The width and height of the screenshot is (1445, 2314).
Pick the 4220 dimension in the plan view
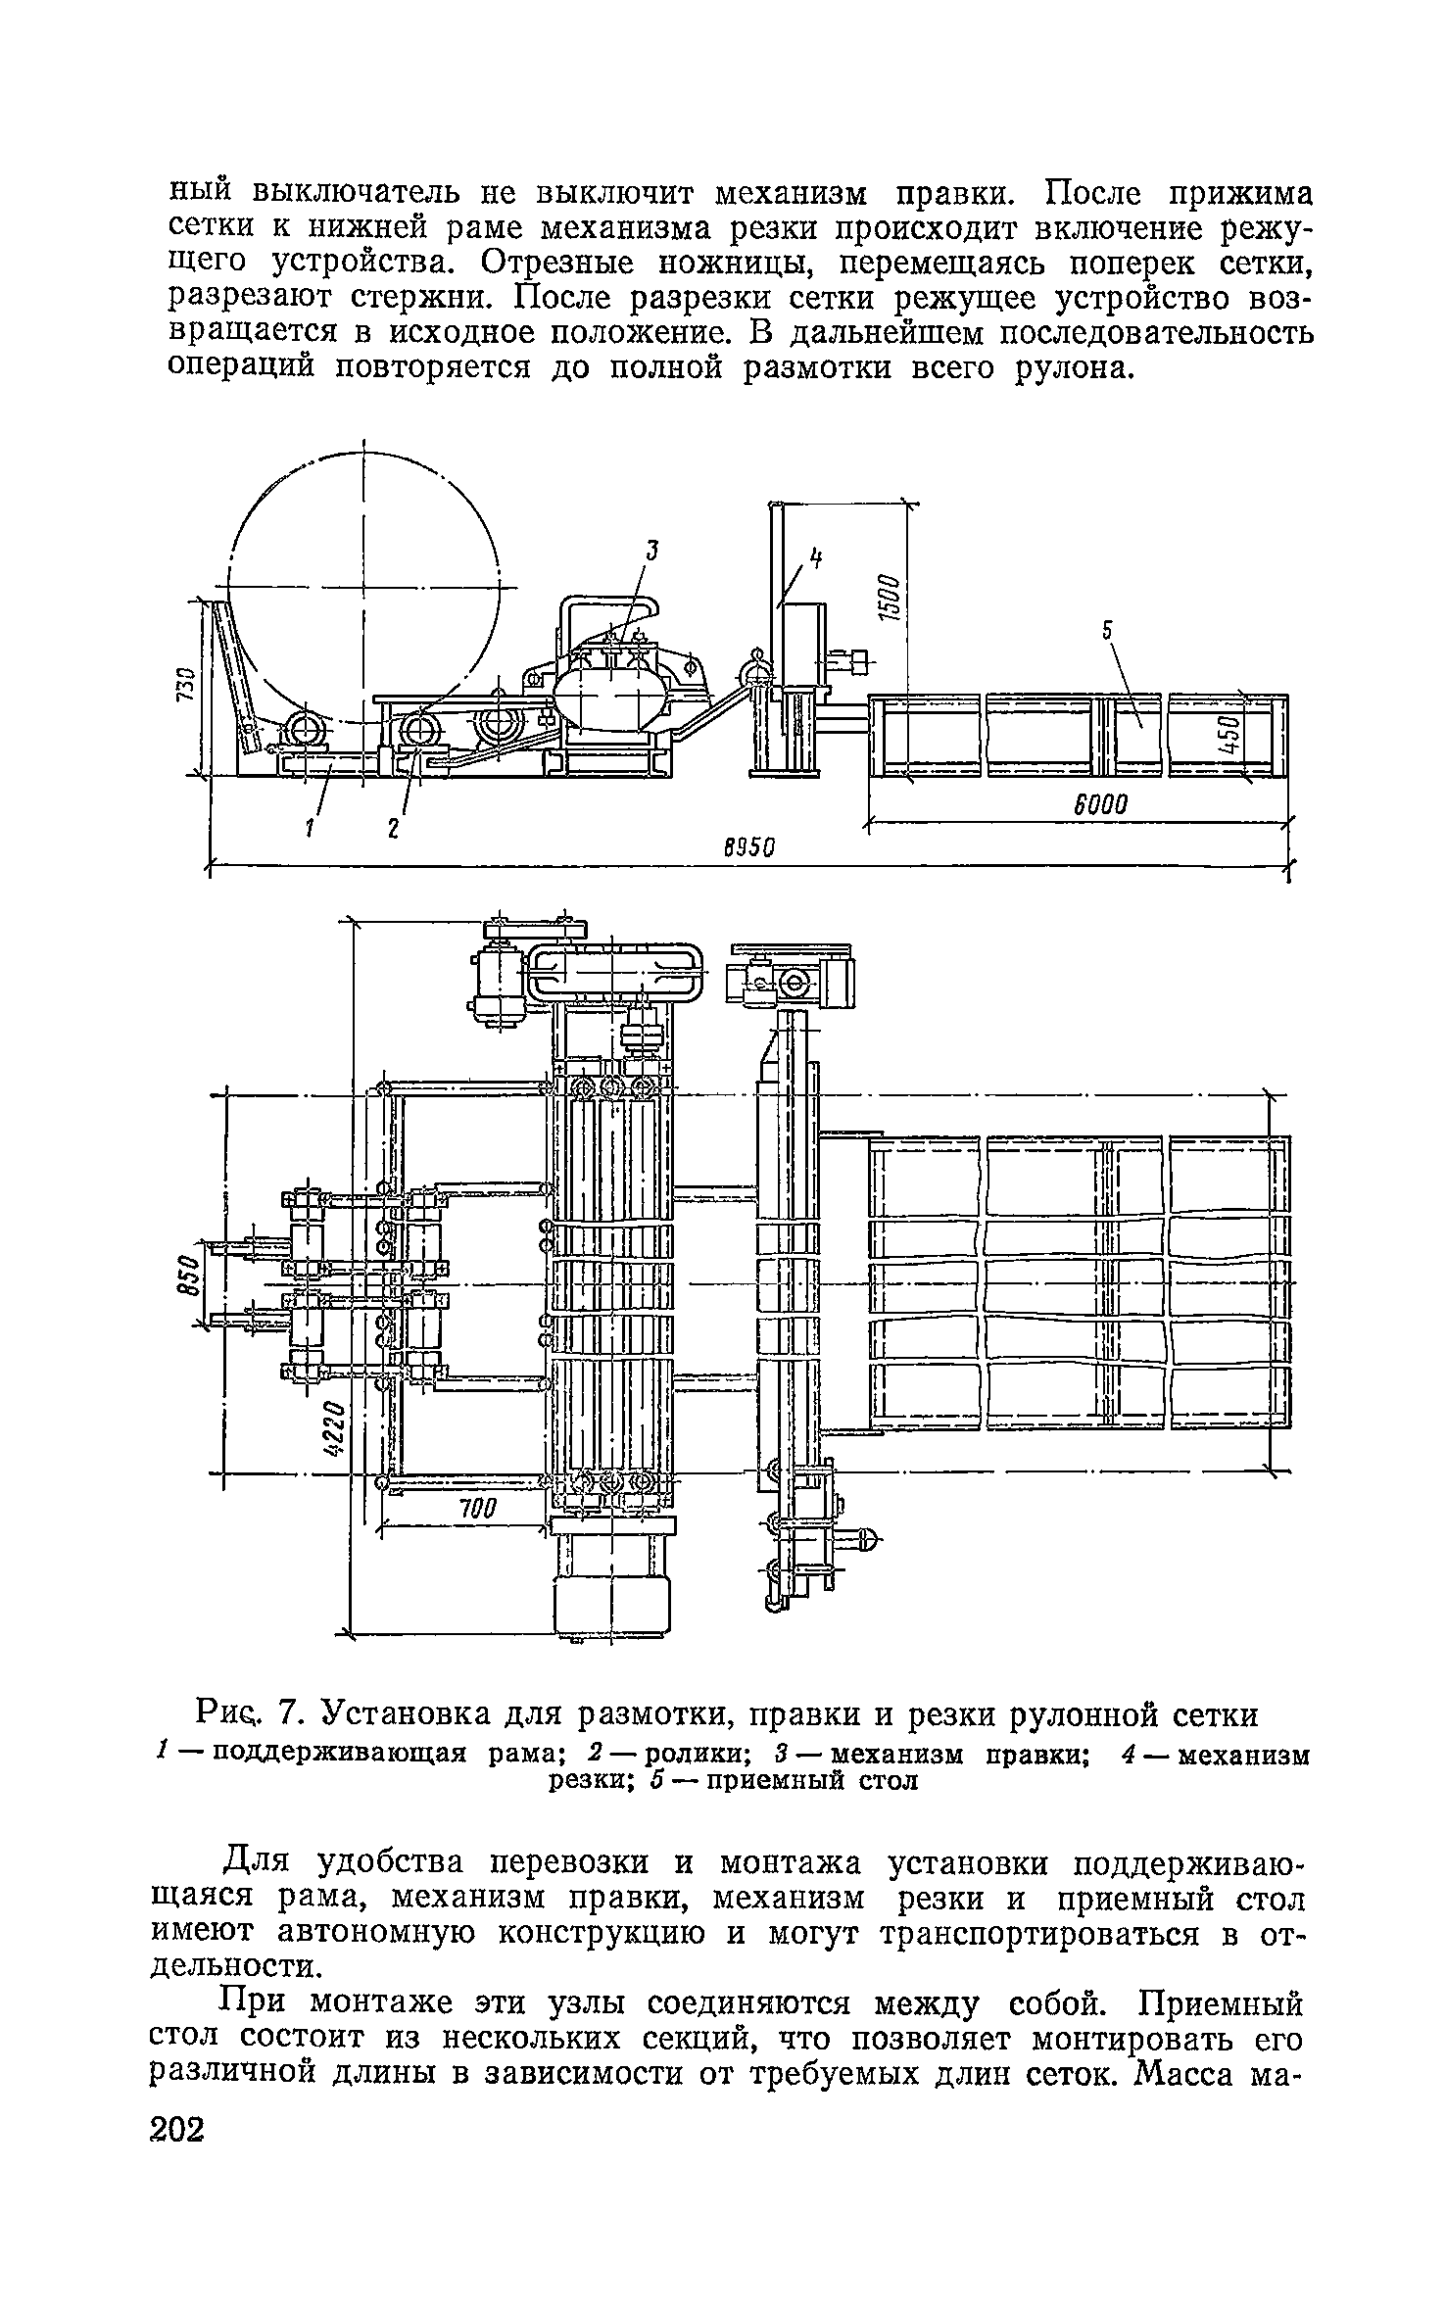click(x=334, y=1429)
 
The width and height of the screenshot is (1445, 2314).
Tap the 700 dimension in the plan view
click(x=480, y=1508)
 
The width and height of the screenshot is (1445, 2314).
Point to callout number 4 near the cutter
click(x=813, y=559)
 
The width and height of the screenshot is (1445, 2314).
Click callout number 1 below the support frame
click(x=308, y=828)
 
